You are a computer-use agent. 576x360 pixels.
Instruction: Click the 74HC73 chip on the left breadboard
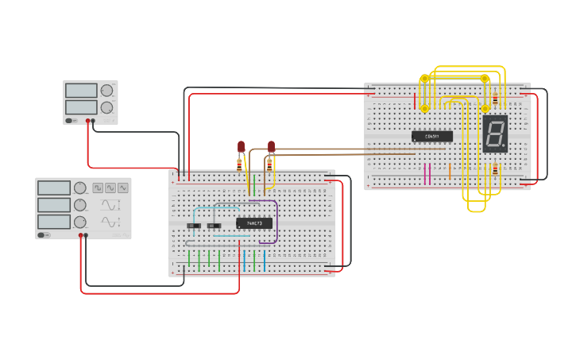click(x=254, y=223)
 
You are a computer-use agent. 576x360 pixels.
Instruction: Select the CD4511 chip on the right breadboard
click(x=432, y=137)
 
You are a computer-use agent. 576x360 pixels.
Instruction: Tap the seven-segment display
click(x=495, y=134)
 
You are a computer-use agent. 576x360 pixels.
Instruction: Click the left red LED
click(x=241, y=146)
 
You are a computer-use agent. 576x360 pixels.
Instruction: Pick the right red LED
click(x=271, y=146)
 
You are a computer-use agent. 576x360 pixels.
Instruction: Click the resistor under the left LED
click(x=240, y=165)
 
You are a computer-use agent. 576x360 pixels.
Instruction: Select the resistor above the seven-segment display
click(x=495, y=99)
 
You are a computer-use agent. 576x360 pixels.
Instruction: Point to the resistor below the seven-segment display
click(x=495, y=169)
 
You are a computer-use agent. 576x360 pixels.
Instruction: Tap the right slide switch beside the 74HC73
click(x=214, y=226)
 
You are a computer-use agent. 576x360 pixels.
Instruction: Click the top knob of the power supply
click(x=106, y=91)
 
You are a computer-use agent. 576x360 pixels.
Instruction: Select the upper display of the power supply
click(x=81, y=91)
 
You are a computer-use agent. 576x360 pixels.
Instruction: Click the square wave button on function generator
click(x=98, y=188)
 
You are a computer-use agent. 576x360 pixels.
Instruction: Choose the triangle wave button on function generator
click(x=110, y=188)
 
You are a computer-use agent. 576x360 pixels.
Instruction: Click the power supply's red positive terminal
click(x=87, y=121)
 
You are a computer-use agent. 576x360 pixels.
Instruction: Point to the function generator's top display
click(x=54, y=188)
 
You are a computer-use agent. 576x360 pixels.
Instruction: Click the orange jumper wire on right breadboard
click(x=450, y=171)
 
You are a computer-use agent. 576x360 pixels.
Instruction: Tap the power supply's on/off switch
click(x=70, y=121)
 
